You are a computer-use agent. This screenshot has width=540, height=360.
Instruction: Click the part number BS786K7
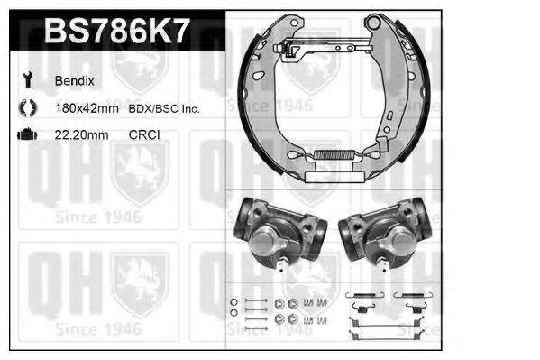coord(116,32)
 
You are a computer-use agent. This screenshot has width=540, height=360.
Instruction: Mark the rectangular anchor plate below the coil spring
coord(328,177)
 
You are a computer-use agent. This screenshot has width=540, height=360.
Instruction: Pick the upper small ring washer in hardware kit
coord(233,301)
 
